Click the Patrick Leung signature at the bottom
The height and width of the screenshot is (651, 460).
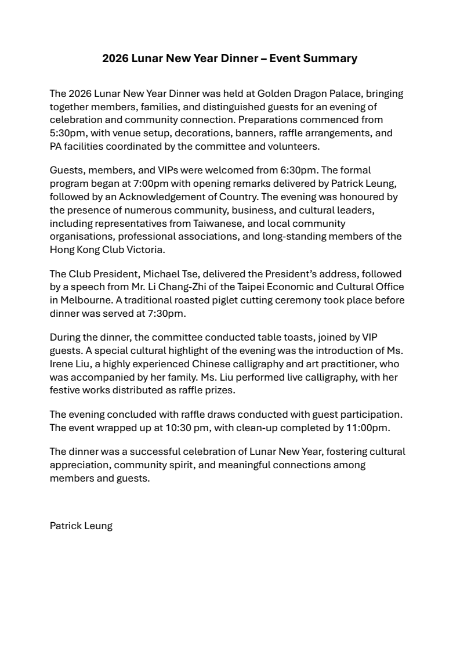81,526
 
